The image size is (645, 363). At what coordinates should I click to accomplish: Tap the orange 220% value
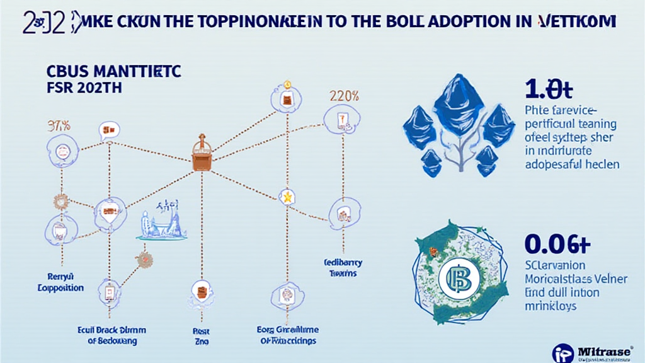344,96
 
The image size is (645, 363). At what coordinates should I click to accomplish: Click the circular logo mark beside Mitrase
563,352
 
